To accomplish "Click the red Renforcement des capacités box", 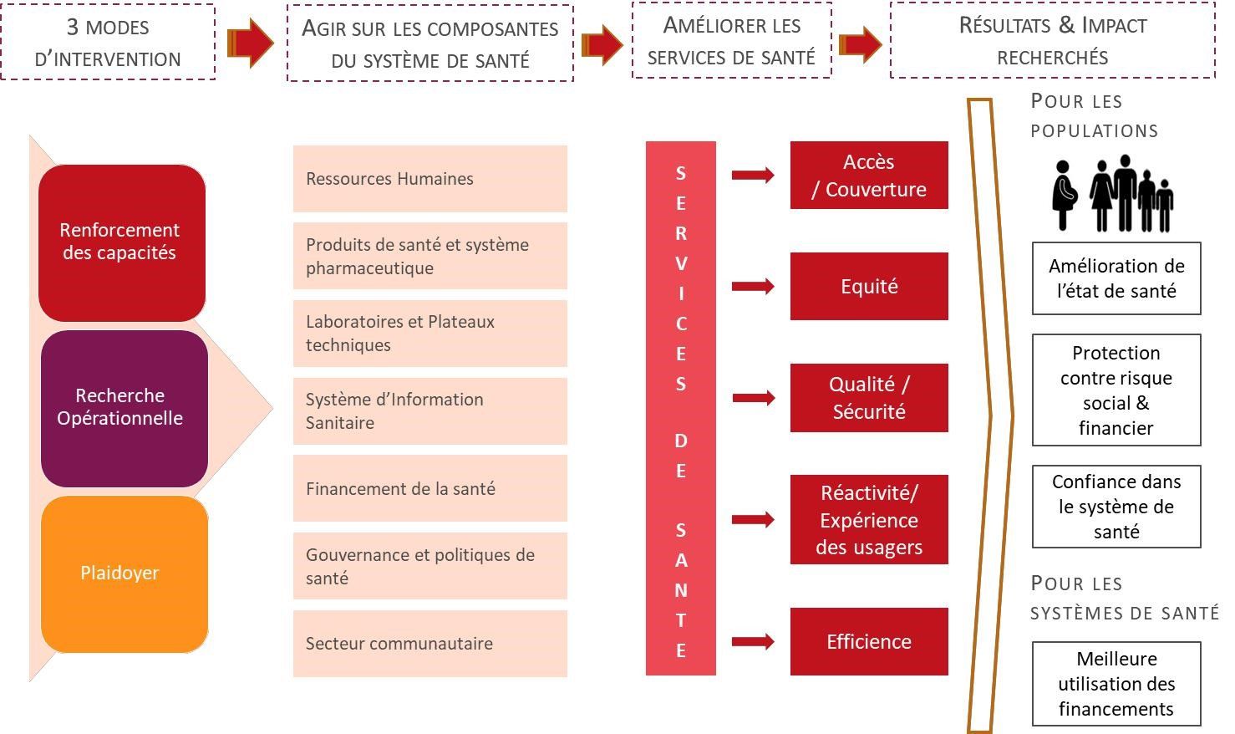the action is (x=122, y=242).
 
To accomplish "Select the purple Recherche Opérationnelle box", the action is (x=124, y=408).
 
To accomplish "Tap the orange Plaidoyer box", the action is (x=124, y=574).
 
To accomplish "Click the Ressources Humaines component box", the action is (x=430, y=179).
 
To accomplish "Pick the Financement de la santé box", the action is (x=430, y=488).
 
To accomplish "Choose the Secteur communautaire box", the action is (x=430, y=644).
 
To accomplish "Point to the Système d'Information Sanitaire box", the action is (x=430, y=410).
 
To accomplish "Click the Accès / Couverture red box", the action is (x=869, y=175).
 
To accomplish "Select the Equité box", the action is (x=869, y=286).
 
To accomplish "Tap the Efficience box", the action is (x=869, y=641).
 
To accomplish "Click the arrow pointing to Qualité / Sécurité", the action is (x=753, y=398).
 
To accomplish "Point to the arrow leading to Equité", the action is (x=753, y=286).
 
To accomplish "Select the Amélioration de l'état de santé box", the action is (x=1116, y=278).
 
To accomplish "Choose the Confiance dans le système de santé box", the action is (x=1116, y=507).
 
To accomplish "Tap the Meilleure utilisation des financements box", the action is (x=1116, y=684).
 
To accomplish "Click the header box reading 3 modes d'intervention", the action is (x=108, y=42).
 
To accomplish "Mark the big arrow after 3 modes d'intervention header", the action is (x=251, y=43).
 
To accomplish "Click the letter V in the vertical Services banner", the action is (x=681, y=263).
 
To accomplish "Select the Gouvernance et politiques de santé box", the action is (x=430, y=566).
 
